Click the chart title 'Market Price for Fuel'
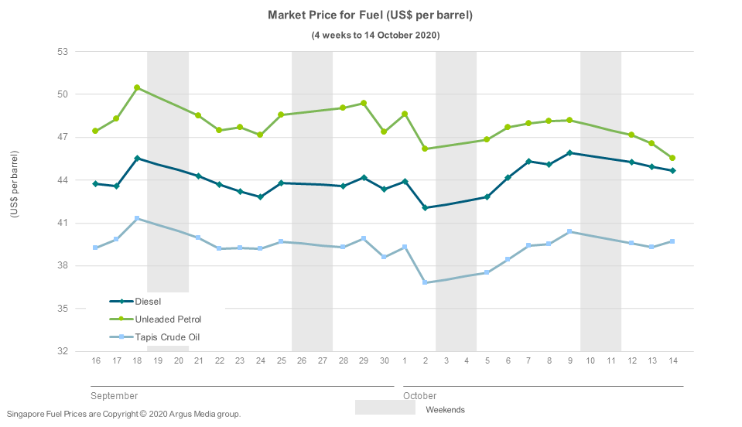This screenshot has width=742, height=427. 370,15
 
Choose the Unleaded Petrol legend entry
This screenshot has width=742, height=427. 167,319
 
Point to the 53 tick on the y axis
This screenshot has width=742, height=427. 63,52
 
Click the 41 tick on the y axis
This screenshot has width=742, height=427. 63,223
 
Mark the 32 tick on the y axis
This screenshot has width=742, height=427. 63,351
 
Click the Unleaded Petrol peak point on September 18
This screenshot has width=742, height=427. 137,88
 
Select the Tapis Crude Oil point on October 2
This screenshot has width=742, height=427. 425,282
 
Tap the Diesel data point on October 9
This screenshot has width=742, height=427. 569,153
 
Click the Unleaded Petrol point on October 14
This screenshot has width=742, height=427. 672,158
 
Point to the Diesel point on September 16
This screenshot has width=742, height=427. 96,183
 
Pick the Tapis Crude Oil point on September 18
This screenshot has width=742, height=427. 137,219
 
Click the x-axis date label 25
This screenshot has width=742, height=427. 281,361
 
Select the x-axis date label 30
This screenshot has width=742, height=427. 384,361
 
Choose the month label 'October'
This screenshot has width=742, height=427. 419,396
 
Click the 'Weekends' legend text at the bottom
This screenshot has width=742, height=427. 445,410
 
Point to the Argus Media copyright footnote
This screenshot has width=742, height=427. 124,415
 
